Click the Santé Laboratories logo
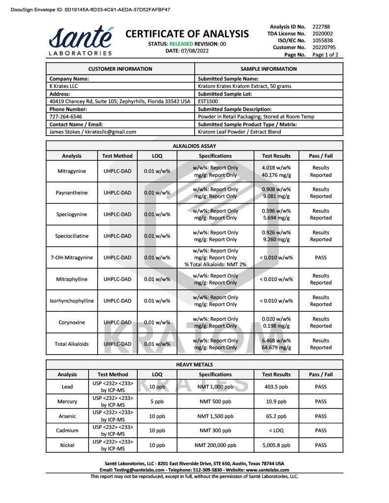80,40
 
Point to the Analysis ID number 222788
321,27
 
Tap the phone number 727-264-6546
66,117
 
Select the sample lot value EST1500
209,102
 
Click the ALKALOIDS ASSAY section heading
194,146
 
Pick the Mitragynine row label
71,171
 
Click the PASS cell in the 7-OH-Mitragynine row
321,257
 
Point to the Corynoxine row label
71,323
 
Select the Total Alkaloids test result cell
276,344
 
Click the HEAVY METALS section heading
194,364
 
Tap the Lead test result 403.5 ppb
276,387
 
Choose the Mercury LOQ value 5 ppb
157,401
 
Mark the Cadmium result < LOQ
276,431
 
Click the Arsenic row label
67,416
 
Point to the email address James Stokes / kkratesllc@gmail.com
93,132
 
